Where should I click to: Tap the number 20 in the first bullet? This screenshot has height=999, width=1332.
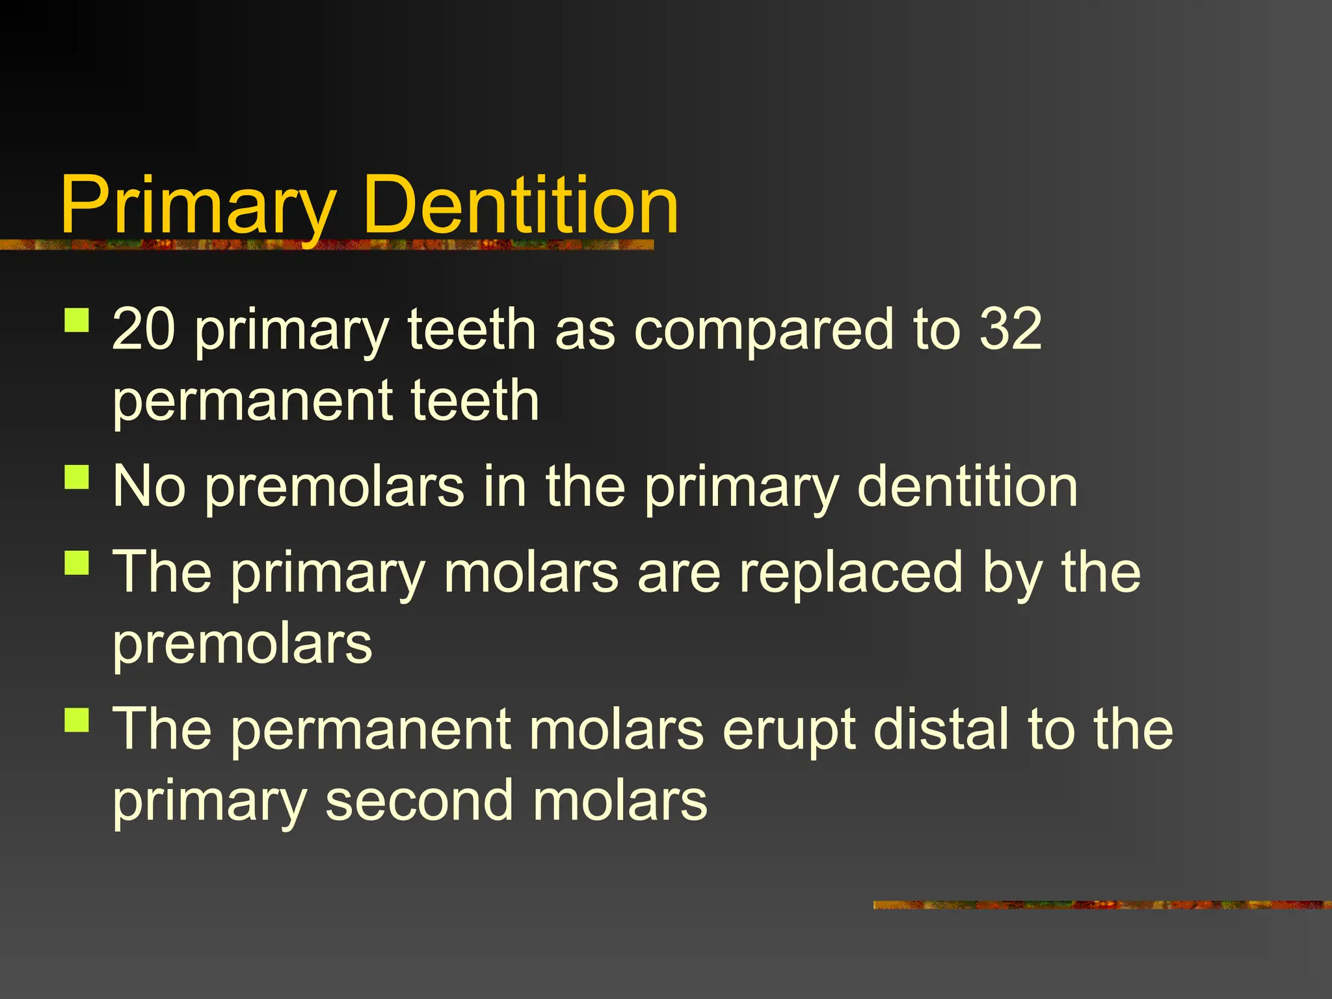144,329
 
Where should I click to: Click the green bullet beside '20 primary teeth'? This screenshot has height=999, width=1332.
77,320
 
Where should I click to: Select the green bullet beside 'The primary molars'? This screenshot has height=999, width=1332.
77,563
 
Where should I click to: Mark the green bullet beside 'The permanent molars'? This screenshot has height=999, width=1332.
77,720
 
